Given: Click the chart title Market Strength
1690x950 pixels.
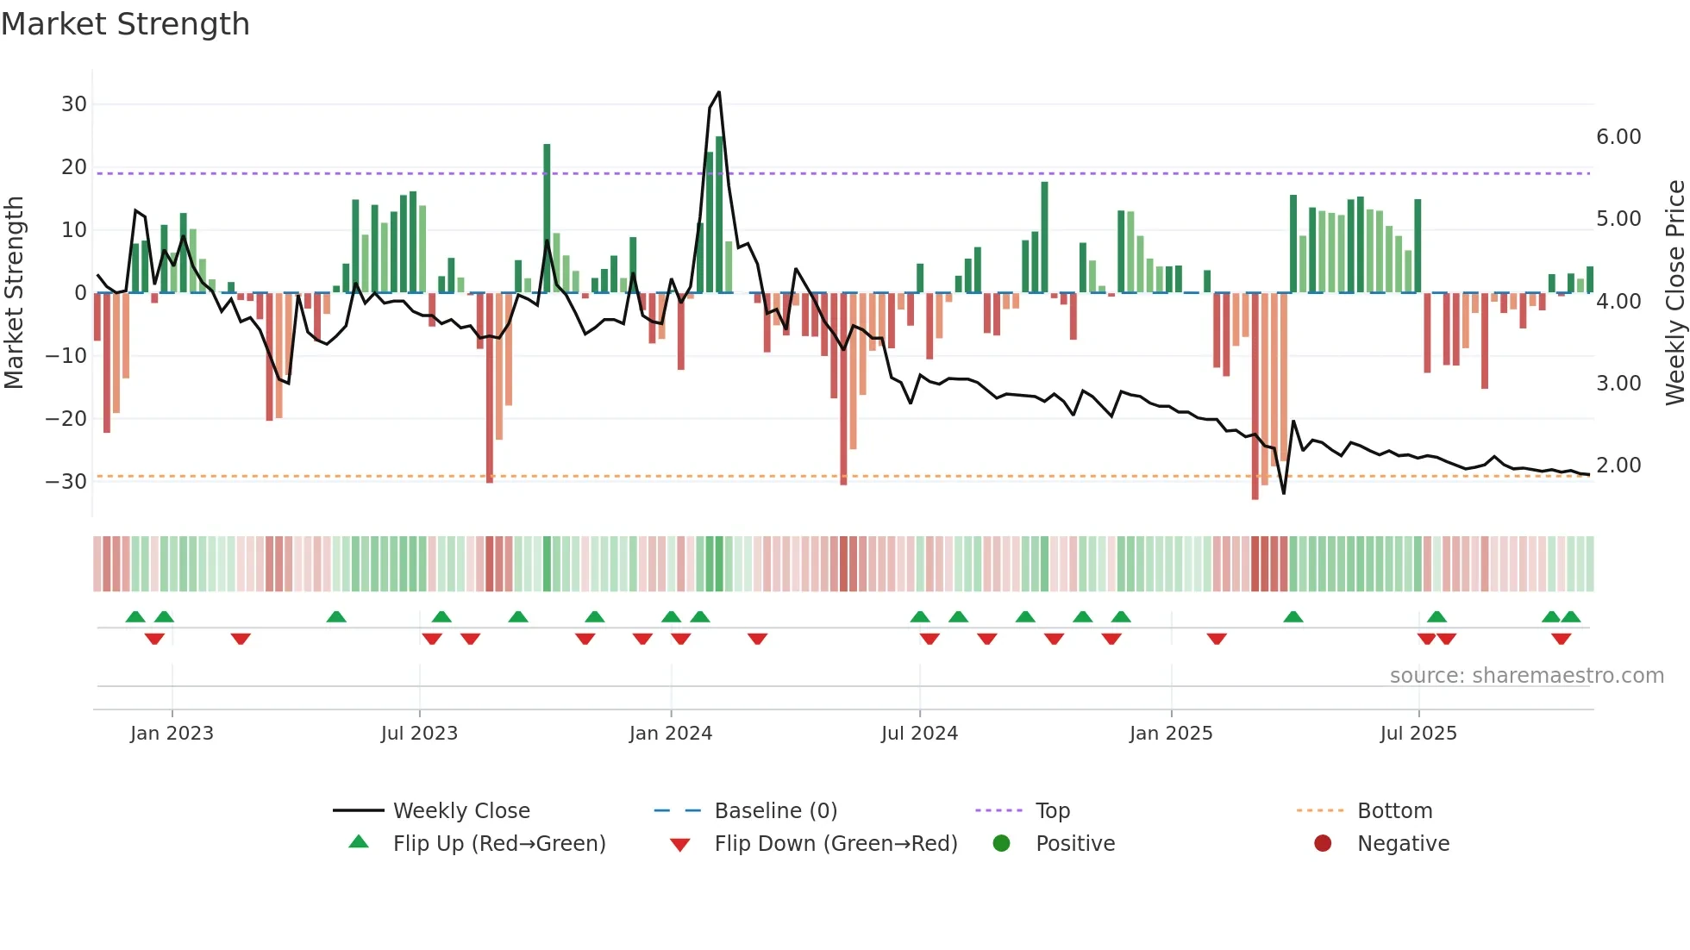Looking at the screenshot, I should pos(125,24).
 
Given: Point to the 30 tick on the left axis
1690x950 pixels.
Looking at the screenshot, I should pos(74,104).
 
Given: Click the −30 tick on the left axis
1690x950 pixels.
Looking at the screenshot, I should pos(67,481).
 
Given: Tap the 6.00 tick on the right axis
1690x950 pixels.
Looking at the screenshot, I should pos(1618,137).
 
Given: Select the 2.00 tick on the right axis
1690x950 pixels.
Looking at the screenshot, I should pos(1618,466).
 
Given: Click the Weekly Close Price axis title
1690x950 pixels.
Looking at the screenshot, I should pos(1674,293).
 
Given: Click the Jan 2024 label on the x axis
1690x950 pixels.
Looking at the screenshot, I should pos(671,734).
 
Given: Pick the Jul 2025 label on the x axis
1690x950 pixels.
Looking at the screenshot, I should pos(1418,734).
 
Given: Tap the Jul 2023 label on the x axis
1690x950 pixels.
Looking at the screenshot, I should pos(419,734).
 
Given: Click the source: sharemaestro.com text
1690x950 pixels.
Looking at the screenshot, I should pos(1526,676).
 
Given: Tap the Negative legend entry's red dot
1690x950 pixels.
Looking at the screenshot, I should pos(1323,843).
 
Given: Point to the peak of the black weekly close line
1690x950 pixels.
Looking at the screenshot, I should pos(719,92).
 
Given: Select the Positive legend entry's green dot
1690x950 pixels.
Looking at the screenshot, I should pos(1001,843).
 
